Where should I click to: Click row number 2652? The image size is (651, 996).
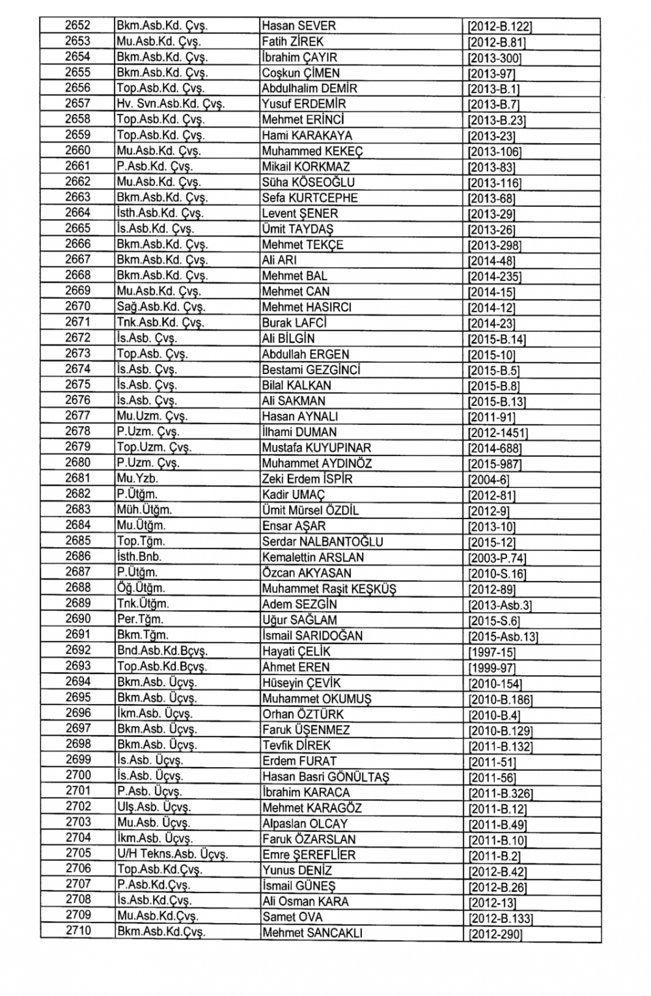(77, 26)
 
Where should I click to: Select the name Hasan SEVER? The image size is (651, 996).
(298, 26)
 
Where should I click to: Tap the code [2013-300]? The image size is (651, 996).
(495, 58)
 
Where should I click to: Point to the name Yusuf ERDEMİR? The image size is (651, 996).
(303, 104)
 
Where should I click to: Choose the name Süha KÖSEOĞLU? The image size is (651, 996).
(308, 182)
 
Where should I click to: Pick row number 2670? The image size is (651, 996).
(77, 306)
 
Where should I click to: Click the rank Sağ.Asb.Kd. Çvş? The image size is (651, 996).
(161, 307)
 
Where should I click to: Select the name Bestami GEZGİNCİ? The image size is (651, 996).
(311, 370)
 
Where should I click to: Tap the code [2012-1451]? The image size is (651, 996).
(498, 433)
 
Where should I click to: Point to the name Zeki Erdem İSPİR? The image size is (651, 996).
(307, 479)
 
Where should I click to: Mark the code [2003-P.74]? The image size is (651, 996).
(497, 558)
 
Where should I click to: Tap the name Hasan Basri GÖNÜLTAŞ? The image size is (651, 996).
(325, 777)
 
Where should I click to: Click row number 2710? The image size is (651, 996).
(78, 931)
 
